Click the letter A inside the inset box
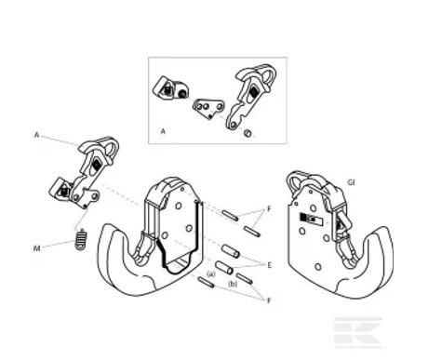(163, 132)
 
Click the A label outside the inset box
(36, 135)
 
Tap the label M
(37, 247)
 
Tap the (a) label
(211, 274)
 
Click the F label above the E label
(271, 209)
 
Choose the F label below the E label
(270, 300)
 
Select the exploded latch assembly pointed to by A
(89, 172)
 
